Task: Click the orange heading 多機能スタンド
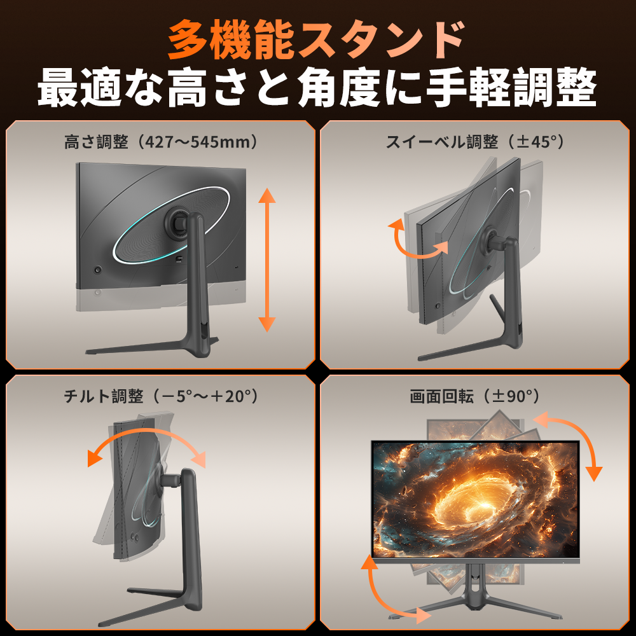click(316, 39)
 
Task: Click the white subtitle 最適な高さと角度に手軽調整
click(317, 88)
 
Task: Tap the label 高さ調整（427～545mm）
click(161, 142)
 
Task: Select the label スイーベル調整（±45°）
click(474, 142)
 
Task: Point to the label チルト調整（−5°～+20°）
click(161, 396)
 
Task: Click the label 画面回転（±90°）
click(474, 396)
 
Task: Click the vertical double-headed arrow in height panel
click(267, 259)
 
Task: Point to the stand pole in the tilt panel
click(191, 536)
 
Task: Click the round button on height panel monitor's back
click(98, 270)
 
